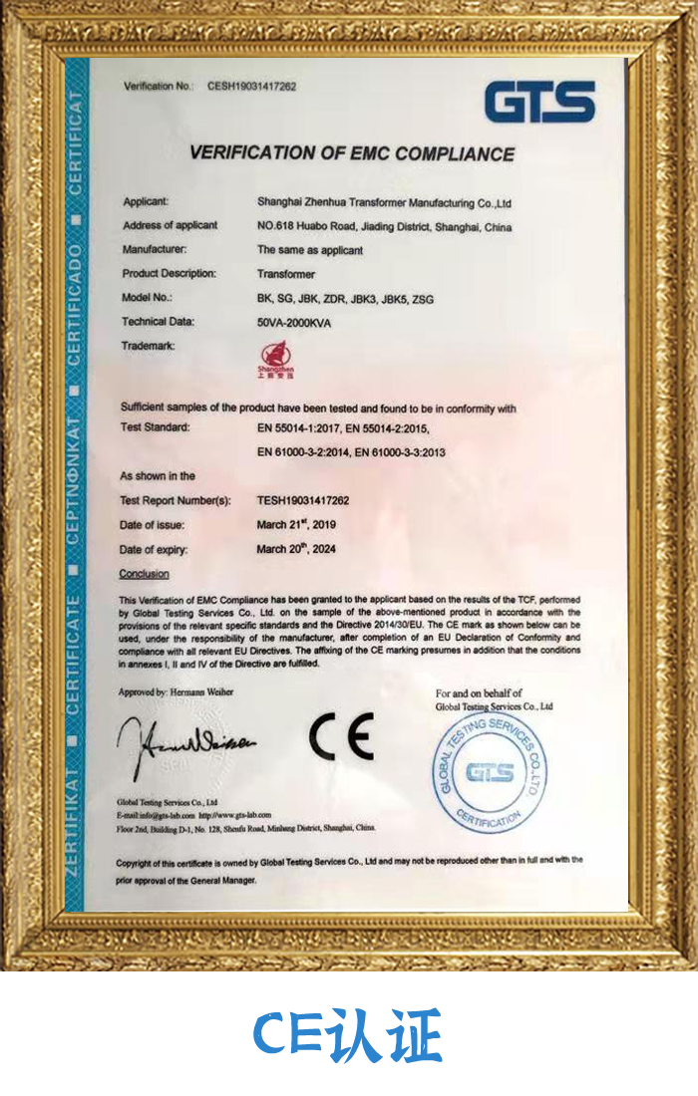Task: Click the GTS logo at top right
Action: pos(539,103)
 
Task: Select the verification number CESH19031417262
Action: pos(251,87)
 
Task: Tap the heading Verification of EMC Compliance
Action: pos(352,153)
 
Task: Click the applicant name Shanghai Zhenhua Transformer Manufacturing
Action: pos(384,202)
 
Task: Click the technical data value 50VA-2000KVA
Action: pos(294,323)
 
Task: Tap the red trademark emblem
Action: pos(271,358)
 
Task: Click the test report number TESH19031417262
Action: pos(303,500)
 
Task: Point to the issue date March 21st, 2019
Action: pos(296,524)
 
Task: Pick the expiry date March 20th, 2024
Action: pos(297,549)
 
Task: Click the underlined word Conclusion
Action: pos(145,574)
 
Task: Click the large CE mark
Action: pos(340,736)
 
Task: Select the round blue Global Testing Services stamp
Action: pos(492,772)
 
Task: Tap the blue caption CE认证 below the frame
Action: pos(347,1036)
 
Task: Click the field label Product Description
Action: pos(169,274)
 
